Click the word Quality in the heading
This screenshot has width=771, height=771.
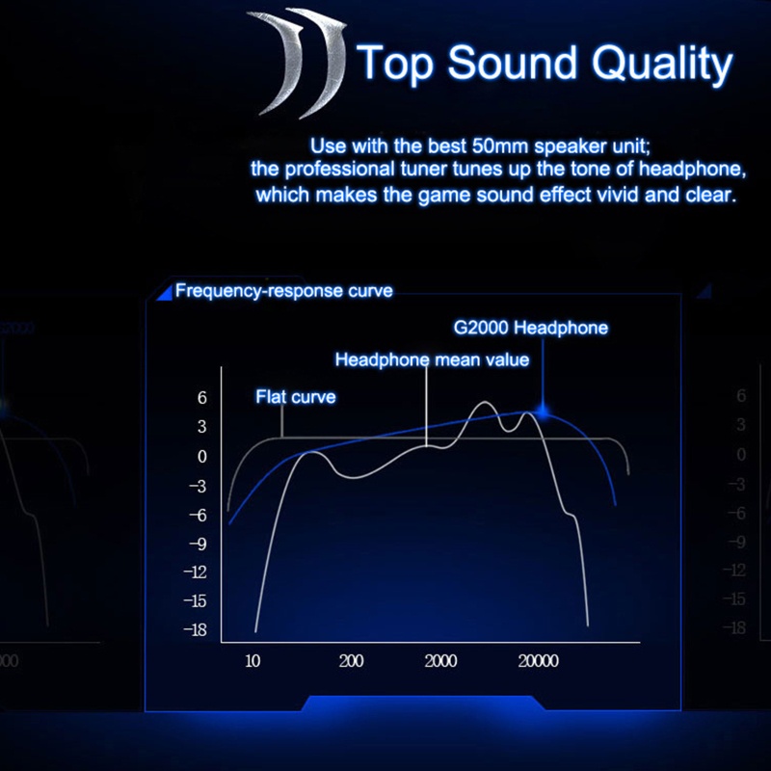tap(662, 64)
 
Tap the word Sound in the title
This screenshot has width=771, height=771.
tap(512, 62)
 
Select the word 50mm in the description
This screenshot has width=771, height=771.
tap(500, 146)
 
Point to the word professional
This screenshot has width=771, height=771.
tap(339, 170)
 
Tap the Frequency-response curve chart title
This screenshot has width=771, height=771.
tap(283, 291)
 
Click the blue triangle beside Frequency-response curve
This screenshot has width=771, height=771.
tap(165, 292)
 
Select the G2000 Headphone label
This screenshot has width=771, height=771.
tap(531, 328)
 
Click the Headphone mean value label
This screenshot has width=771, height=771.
tap(432, 359)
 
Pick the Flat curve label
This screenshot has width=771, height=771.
tap(296, 396)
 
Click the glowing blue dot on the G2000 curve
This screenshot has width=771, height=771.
tap(543, 412)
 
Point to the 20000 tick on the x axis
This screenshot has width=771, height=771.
tap(538, 661)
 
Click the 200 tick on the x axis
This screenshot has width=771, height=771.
tap(351, 661)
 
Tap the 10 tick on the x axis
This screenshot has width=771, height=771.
tap(253, 661)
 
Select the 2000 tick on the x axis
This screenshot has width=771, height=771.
tap(440, 661)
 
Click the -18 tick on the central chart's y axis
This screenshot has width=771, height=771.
tap(196, 629)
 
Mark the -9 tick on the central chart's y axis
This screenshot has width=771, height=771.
tap(199, 544)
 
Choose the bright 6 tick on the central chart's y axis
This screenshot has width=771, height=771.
tap(202, 397)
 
